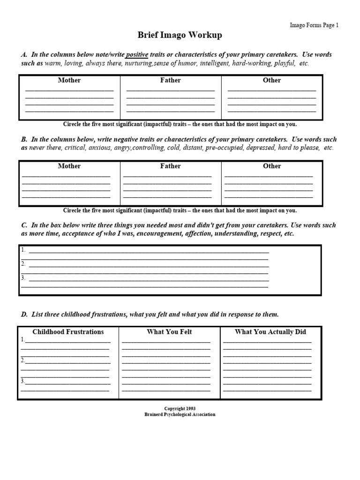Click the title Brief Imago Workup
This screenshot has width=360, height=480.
(x=180, y=35)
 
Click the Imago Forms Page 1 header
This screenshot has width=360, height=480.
(x=314, y=26)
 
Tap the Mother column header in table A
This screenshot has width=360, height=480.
(x=69, y=80)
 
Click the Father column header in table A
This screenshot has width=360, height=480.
(x=170, y=80)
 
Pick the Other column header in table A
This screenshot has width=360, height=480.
(x=271, y=80)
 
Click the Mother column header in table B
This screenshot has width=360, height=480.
(x=69, y=166)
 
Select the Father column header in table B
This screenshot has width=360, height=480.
(x=170, y=166)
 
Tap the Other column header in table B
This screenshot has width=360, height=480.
(x=271, y=166)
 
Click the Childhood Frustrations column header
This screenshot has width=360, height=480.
(x=68, y=332)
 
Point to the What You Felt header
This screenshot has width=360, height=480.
(x=169, y=332)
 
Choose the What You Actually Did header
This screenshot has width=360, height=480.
(x=270, y=332)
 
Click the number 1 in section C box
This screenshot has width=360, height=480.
(x=23, y=250)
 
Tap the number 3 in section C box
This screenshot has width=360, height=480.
(x=23, y=277)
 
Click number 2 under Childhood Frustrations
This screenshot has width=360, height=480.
(x=22, y=360)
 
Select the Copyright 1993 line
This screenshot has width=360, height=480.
(x=180, y=409)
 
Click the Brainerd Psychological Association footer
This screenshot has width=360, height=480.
(x=180, y=414)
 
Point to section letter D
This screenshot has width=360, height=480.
(x=24, y=314)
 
